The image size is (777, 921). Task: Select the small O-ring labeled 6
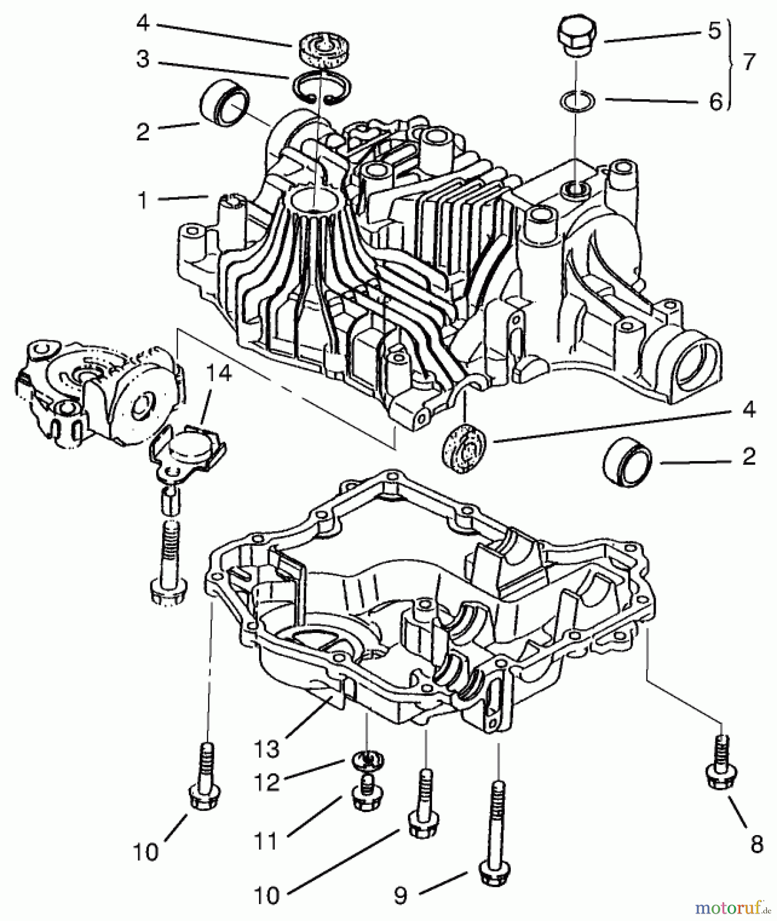point(577,100)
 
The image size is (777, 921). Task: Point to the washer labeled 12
point(368,761)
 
